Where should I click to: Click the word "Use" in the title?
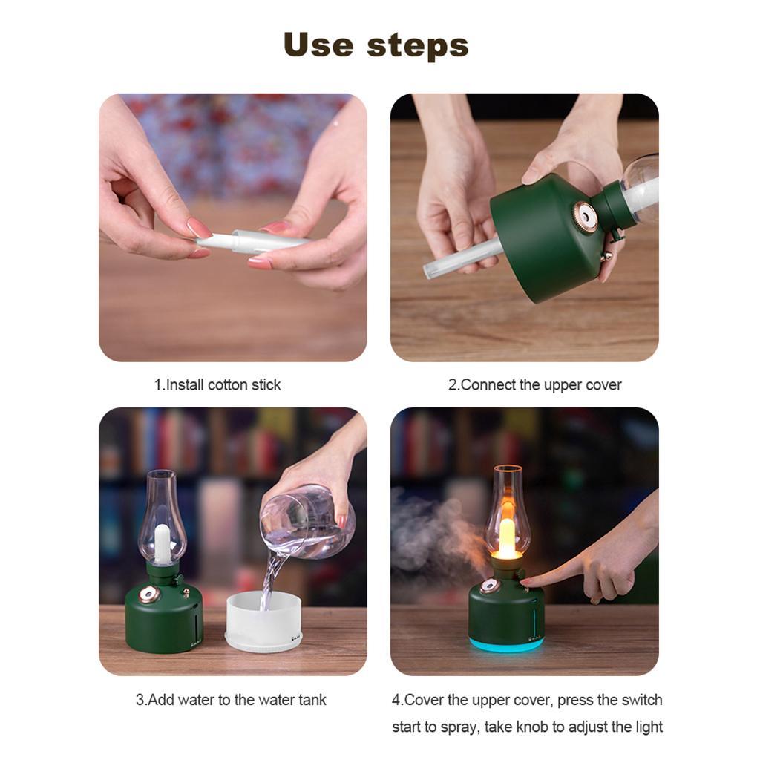319,45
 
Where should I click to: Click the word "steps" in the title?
418,46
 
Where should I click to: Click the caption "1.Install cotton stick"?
217,384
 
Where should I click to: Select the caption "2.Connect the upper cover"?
534,384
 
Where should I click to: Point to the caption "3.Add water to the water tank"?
231,699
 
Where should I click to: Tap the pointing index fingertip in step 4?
528,581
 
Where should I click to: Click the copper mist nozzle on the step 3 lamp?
148,594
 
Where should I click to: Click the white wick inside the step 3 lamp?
162,543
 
